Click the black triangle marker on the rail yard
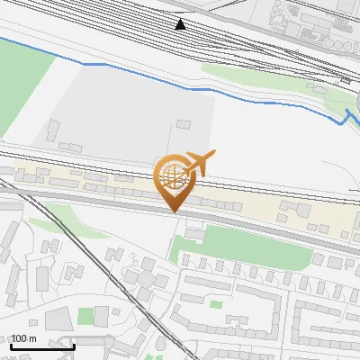pos(182,24)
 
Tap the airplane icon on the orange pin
pos(196,165)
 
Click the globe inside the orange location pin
pos(171,176)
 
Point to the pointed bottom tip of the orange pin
pos(172,211)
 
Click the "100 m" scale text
pos(23,338)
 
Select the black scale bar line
pos(42,346)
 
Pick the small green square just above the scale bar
pos(86,316)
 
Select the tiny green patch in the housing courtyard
pos(215,304)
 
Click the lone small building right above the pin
pos(184,124)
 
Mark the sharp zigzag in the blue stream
pos(346,117)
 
